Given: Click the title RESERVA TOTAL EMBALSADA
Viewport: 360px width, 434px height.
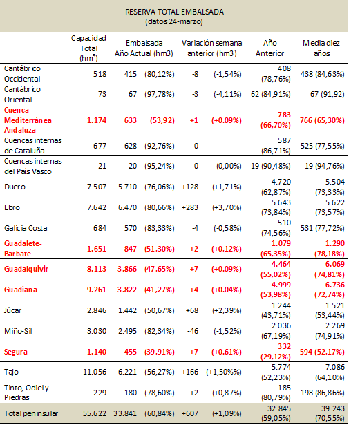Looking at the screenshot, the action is click(174, 12).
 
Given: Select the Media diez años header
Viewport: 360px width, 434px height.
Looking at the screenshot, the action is click(321, 48).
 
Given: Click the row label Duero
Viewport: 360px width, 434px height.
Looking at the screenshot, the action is click(15, 187).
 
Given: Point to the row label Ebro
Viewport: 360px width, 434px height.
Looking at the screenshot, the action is click(12, 207).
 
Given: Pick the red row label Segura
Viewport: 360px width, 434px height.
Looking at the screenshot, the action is click(16, 352).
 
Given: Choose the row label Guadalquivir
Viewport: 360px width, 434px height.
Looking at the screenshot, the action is click(26, 269).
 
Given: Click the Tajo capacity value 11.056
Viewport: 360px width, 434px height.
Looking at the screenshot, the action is click(95, 372).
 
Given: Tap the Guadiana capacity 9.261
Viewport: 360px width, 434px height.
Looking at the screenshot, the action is click(97, 290).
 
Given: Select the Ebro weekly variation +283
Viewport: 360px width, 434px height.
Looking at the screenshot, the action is click(190, 207).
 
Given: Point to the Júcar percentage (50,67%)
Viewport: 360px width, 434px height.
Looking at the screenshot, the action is click(160, 310).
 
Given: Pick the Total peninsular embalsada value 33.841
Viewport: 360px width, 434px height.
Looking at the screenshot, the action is click(125, 413).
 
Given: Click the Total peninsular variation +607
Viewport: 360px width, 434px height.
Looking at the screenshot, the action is click(190, 413).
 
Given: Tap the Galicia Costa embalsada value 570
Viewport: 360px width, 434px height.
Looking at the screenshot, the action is click(131, 228).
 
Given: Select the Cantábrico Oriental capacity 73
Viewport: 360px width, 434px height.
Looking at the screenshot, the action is click(102, 94).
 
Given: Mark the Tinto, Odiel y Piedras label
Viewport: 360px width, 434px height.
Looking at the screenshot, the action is click(26, 393).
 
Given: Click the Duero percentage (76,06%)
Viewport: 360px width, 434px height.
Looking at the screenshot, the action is click(160, 187).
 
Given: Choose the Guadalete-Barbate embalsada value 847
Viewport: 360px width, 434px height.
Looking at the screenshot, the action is click(131, 249).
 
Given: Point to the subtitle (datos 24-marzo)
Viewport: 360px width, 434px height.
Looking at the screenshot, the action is click(174, 21).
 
